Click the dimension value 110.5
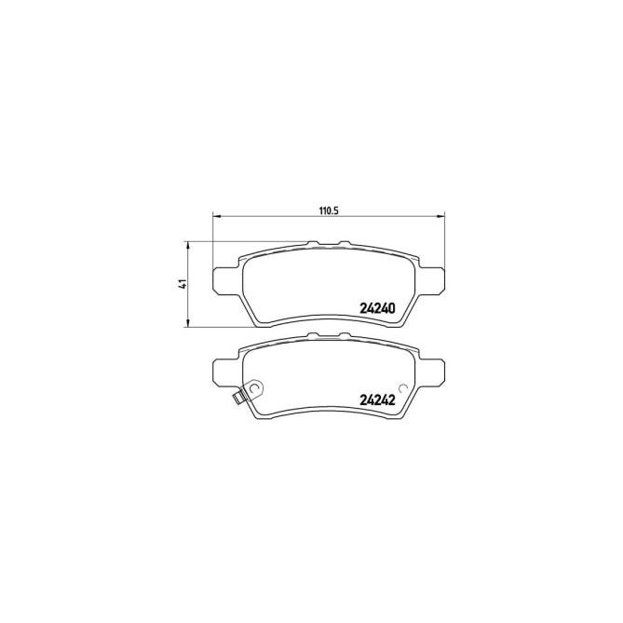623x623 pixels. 326,210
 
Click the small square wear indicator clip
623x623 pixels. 239,400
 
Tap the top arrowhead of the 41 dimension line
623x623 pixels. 189,245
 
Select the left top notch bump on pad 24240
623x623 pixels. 314,245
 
